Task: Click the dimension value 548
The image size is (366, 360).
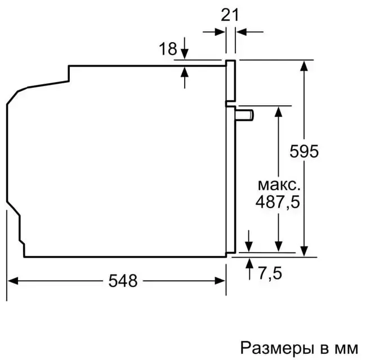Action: [123, 281]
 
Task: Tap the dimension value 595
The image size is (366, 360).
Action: [305, 151]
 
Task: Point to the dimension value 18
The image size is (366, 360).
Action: [168, 49]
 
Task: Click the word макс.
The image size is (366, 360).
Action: [279, 184]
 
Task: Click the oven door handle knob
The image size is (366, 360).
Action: [246, 115]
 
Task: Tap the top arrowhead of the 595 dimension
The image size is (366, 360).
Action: [304, 64]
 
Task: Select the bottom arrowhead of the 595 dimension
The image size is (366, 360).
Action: [304, 251]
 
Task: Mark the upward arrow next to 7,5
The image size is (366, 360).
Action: [249, 266]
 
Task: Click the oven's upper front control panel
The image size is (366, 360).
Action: [230, 82]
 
